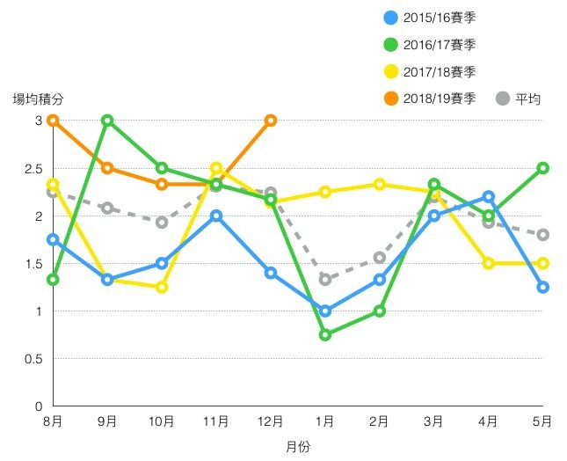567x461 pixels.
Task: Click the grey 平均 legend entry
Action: pos(519,99)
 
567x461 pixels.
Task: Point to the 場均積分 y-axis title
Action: pos(38,99)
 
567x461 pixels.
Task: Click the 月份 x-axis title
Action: pos(298,447)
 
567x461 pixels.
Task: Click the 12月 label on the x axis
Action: pos(271,422)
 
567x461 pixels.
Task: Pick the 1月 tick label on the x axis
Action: pos(325,422)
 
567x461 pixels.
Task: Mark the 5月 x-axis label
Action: pos(542,422)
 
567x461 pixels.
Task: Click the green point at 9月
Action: pos(107,121)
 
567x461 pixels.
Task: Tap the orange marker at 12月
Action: pos(271,121)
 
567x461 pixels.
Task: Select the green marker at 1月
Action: pos(325,334)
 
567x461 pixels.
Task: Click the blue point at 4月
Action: pos(489,197)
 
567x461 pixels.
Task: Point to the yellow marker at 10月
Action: pos(162,287)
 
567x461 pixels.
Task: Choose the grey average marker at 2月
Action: pos(380,258)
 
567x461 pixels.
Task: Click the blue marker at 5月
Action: pos(543,287)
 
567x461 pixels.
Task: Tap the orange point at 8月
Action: pos(54,121)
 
